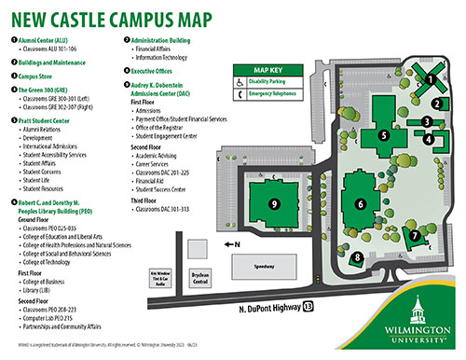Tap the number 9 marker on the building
click(x=274, y=202)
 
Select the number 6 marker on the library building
click(x=360, y=203)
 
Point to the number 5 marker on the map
click(x=382, y=135)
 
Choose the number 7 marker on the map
click(x=415, y=236)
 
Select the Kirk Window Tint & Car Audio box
click(x=165, y=277)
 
